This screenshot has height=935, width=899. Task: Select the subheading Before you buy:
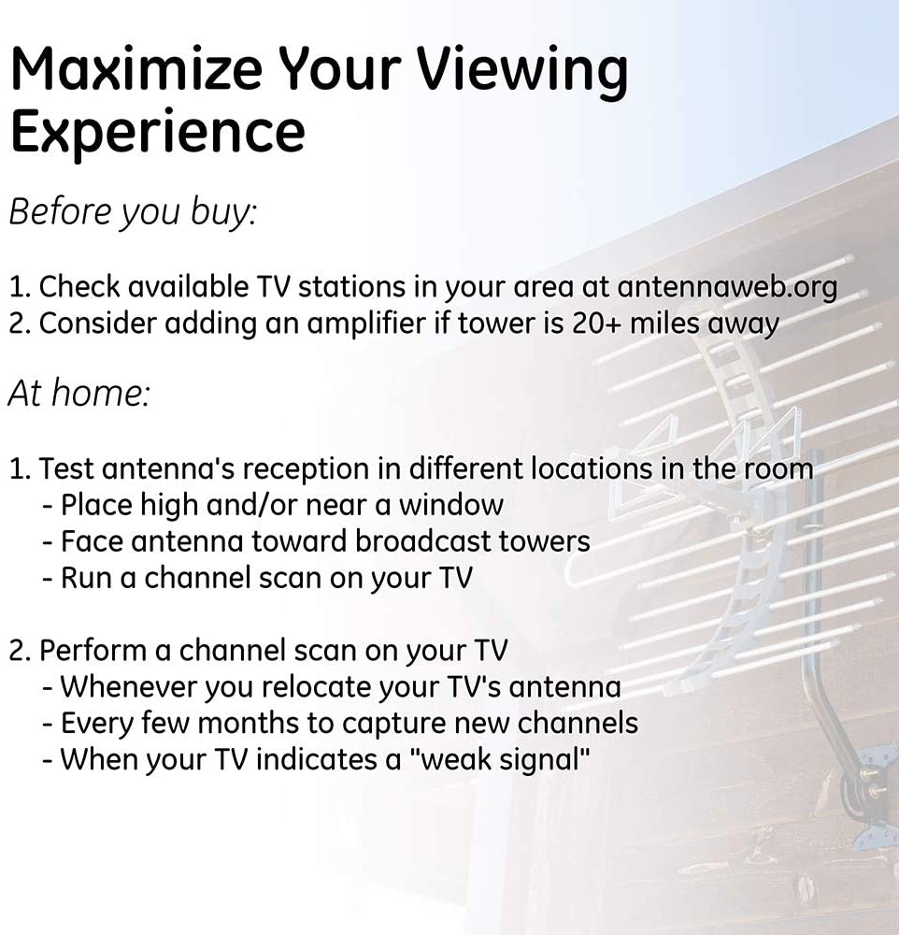(132, 211)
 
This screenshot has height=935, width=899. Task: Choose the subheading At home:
(78, 393)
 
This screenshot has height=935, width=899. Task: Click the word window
(451, 505)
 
